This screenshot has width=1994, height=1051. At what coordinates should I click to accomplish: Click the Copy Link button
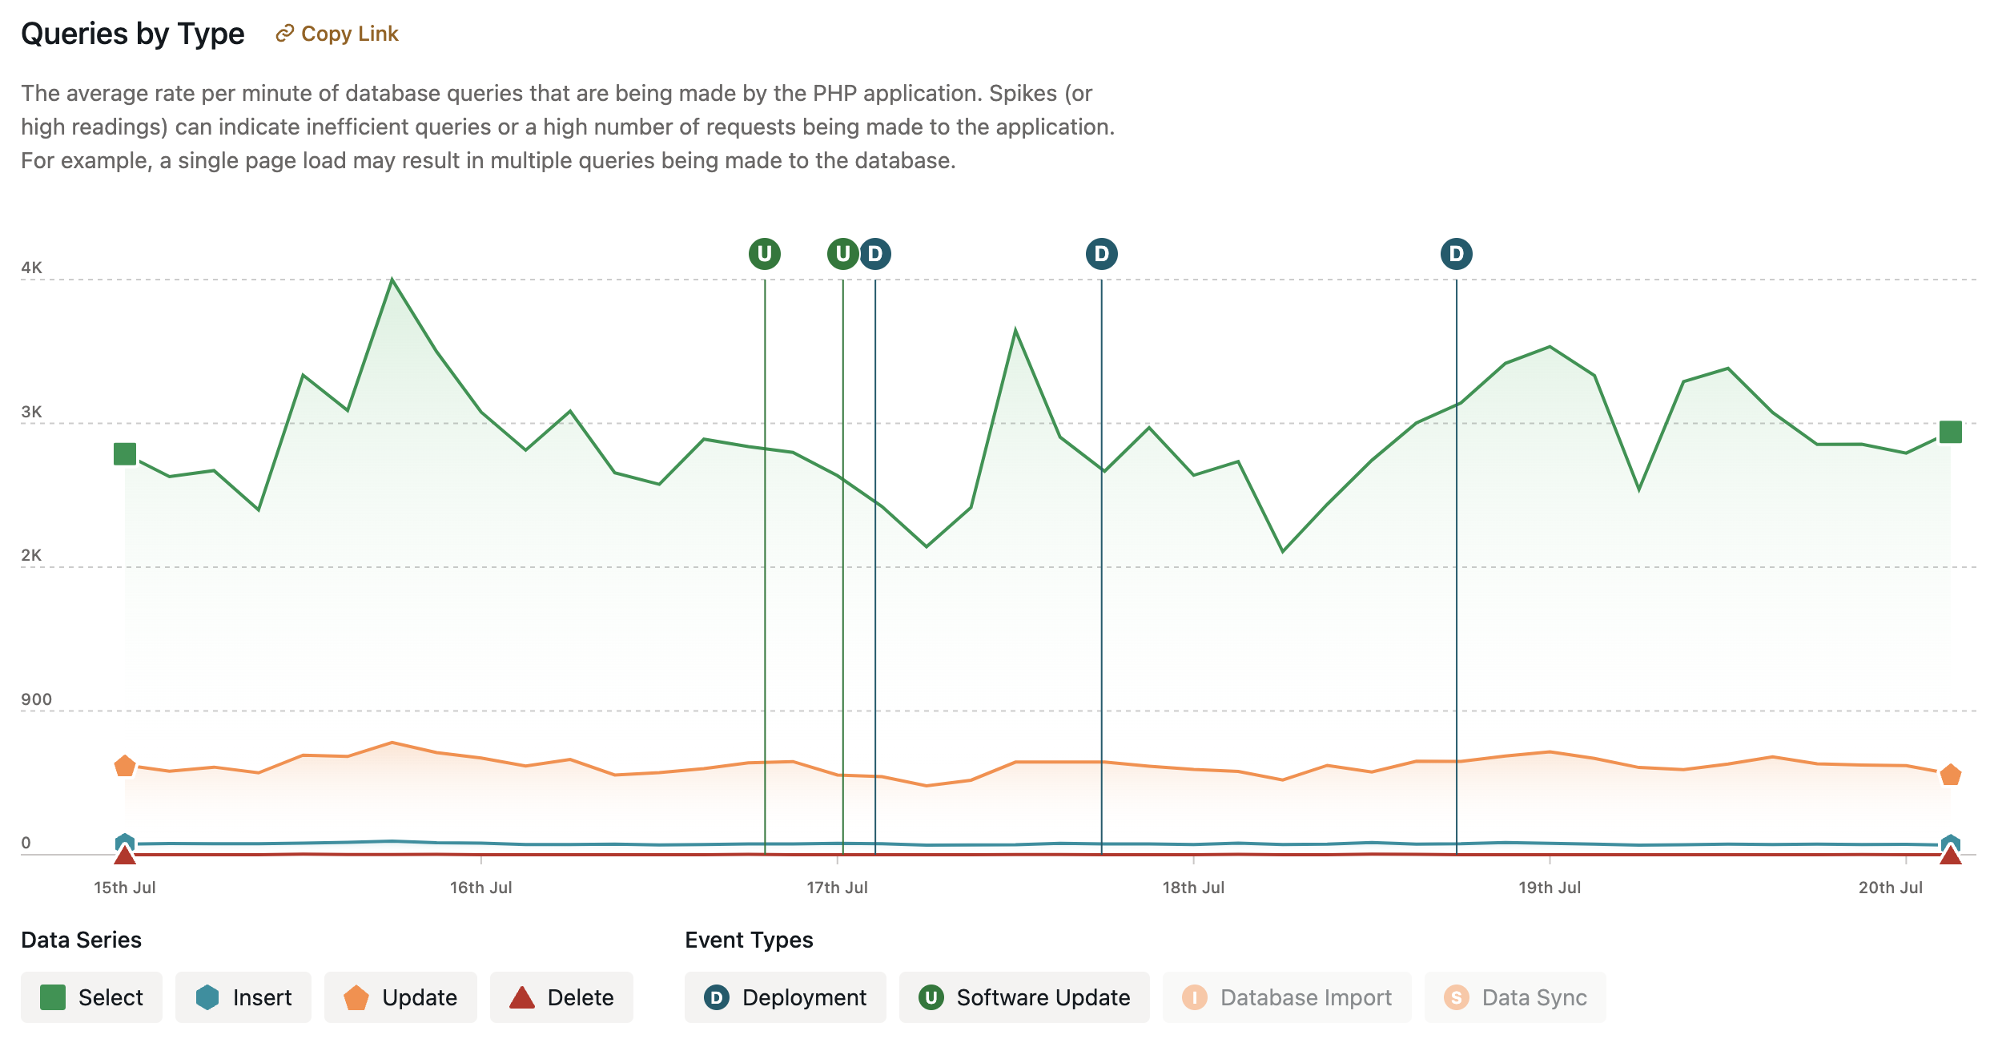pyautogui.click(x=337, y=34)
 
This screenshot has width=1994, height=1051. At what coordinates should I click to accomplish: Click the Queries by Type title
pyautogui.click(x=133, y=34)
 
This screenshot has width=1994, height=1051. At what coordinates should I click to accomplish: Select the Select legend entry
pyautogui.click(x=91, y=997)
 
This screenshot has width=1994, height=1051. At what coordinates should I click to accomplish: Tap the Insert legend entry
pyautogui.click(x=243, y=997)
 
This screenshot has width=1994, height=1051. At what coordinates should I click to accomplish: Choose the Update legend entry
pyautogui.click(x=400, y=997)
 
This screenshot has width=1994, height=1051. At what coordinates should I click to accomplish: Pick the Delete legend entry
pyautogui.click(x=561, y=997)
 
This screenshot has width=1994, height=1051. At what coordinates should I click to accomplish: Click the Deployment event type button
pyautogui.click(x=785, y=997)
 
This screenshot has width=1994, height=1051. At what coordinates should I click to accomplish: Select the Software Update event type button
pyautogui.click(x=1023, y=997)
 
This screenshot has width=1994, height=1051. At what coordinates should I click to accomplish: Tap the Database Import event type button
pyautogui.click(x=1286, y=997)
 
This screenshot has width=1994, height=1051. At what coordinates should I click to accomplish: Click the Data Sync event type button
pyautogui.click(x=1514, y=997)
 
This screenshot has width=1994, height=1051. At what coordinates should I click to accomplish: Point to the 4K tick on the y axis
pyautogui.click(x=32, y=268)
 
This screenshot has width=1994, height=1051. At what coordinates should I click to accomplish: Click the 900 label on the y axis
pyautogui.click(x=36, y=699)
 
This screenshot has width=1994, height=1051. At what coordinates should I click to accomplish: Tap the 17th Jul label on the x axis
pyautogui.click(x=837, y=888)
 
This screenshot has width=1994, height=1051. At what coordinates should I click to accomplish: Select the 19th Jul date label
pyautogui.click(x=1550, y=888)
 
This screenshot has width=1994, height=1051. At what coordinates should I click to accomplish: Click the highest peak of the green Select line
pyautogui.click(x=392, y=280)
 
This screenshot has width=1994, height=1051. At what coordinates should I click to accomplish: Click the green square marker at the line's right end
pyautogui.click(x=1950, y=433)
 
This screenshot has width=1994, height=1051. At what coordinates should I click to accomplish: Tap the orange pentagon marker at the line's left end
pyautogui.click(x=125, y=767)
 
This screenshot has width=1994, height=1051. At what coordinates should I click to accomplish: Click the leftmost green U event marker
pyautogui.click(x=765, y=254)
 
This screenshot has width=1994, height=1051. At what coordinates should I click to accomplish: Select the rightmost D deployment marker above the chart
pyautogui.click(x=1456, y=254)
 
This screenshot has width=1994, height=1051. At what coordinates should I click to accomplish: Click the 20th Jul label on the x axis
pyautogui.click(x=1890, y=888)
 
